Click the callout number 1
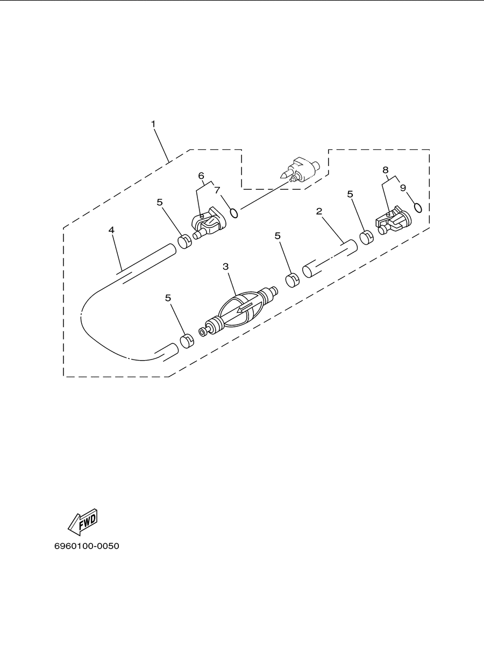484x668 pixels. (x=153, y=124)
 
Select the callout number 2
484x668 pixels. (x=319, y=211)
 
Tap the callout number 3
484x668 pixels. (x=225, y=267)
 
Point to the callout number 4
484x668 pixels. (x=111, y=230)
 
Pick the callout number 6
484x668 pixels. (x=201, y=176)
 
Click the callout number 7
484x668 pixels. (x=217, y=190)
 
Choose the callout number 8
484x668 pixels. (x=386, y=170)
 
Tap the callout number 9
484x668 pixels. (x=403, y=188)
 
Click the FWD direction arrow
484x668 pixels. (x=82, y=522)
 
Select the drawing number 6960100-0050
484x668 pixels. (x=87, y=546)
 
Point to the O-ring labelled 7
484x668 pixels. (x=234, y=213)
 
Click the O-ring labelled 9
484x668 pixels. (x=418, y=207)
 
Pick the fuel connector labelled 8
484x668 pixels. (x=393, y=220)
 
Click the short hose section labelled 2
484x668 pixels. (x=330, y=259)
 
